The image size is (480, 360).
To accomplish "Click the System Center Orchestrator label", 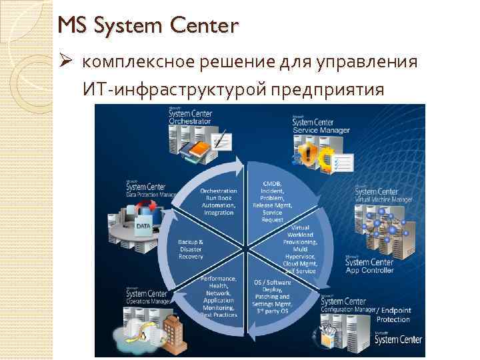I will (x=190, y=118).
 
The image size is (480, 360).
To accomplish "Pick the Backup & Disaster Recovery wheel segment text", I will (x=191, y=248).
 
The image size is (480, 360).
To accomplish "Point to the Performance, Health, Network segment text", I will (x=219, y=296).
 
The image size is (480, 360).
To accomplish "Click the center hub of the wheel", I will (x=245, y=249).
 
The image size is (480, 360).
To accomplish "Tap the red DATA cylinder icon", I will (x=144, y=226).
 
